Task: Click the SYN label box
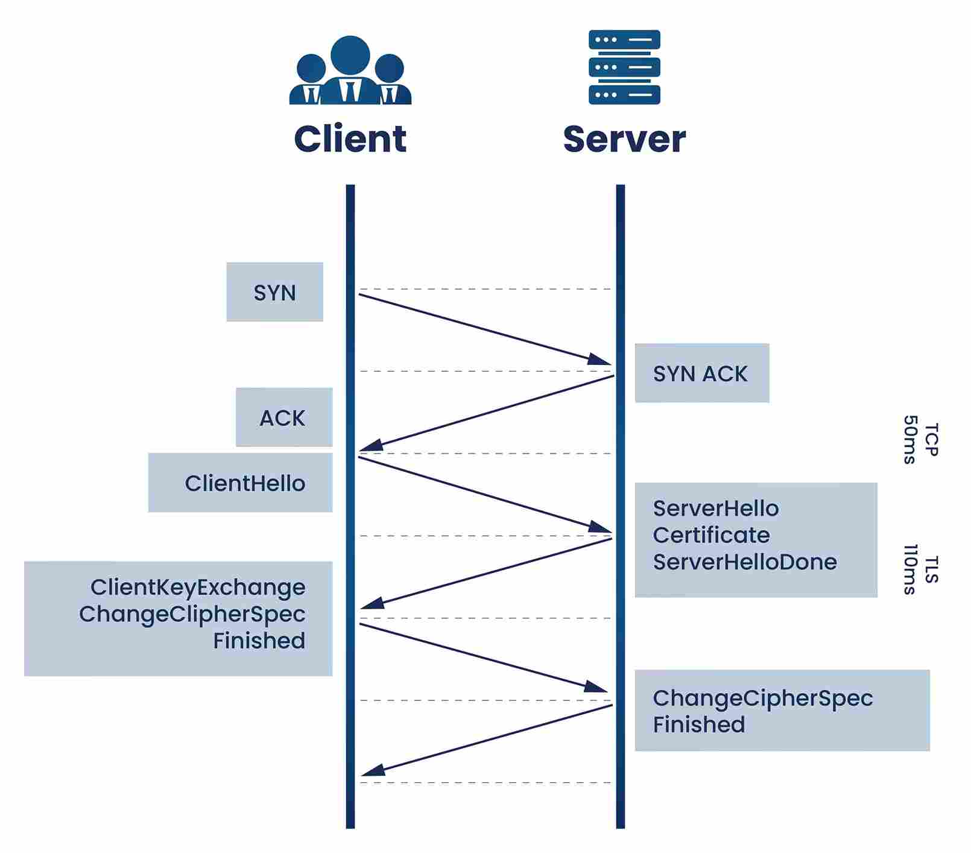[x=275, y=293]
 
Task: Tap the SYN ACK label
[x=700, y=374]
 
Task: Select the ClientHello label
[x=245, y=483]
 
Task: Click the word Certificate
[x=711, y=535]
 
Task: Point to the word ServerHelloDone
[x=745, y=562]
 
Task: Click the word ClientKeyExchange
[x=198, y=587]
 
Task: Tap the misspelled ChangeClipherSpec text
[x=192, y=614]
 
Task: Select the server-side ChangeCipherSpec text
[x=762, y=698]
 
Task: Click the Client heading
[x=350, y=139]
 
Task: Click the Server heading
[x=624, y=139]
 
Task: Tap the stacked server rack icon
[x=624, y=67]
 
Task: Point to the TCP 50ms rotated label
[x=920, y=439]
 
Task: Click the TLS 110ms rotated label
[x=920, y=569]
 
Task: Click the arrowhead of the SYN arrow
[x=601, y=360]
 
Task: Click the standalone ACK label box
[x=283, y=418]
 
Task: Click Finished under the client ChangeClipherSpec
[x=259, y=640]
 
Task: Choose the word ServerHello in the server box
[x=715, y=509]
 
